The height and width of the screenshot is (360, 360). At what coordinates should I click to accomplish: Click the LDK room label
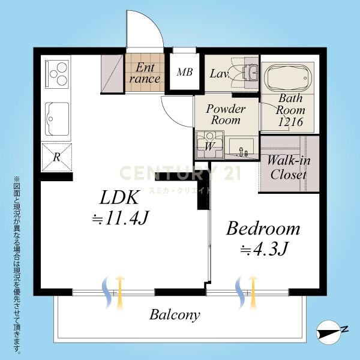pos(119,197)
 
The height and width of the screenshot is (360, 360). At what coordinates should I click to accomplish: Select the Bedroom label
pos(263,229)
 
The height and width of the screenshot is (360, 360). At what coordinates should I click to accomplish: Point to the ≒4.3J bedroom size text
pos(263,248)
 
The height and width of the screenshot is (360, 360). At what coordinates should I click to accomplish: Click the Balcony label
pos(175,315)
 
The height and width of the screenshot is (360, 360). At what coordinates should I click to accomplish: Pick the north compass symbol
pos(331,332)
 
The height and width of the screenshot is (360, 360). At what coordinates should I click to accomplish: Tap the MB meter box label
pos(185,73)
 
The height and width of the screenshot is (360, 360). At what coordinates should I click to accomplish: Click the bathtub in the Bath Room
pos(288,77)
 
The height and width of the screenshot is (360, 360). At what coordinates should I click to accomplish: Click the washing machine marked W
pos(210,145)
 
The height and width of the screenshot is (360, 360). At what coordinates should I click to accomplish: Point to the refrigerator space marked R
pos(57,157)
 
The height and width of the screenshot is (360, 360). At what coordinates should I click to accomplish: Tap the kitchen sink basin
pos(57,119)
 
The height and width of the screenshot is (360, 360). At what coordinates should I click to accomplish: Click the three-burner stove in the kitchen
pos(57,74)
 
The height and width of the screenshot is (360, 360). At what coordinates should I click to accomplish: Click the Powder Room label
pos(226,115)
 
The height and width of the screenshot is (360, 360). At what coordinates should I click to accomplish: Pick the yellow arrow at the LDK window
pos(119,292)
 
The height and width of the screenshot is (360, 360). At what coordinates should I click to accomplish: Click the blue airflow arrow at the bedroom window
pos(240,292)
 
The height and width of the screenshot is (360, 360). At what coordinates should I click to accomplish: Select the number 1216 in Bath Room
pos(290,122)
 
